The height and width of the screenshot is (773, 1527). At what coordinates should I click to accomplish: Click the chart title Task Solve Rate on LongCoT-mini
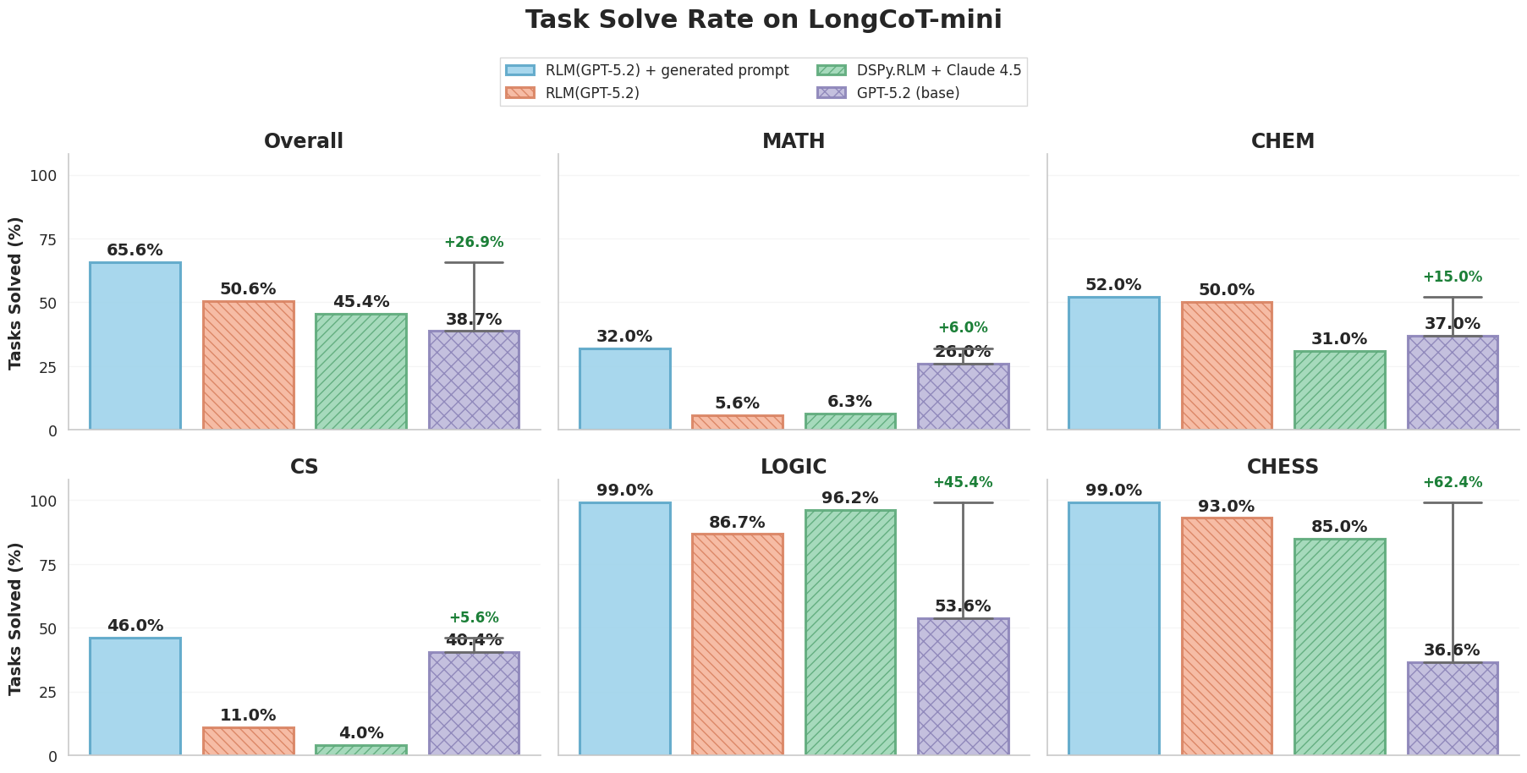(763, 19)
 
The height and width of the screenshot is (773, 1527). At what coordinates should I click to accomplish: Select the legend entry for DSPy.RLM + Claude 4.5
(938, 70)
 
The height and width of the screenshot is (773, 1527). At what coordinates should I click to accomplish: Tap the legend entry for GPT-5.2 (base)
(908, 93)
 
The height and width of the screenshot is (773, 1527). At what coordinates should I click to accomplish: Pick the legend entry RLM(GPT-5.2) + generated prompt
(667, 70)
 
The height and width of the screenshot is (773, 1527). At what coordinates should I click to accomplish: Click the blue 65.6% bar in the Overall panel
(135, 347)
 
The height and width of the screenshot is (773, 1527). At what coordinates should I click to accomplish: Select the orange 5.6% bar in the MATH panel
(737, 422)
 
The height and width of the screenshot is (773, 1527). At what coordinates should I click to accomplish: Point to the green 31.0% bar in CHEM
(1339, 391)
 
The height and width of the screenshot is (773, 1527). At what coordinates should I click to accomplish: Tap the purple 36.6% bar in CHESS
(1452, 709)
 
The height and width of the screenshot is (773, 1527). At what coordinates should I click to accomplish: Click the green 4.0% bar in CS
(360, 750)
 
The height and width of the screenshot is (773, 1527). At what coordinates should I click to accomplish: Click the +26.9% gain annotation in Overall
(474, 243)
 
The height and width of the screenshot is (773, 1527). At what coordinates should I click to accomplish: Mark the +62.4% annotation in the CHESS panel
(1452, 483)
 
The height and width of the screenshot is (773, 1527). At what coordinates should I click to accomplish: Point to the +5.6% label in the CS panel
(474, 618)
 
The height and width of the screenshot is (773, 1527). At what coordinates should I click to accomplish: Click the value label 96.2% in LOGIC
(849, 498)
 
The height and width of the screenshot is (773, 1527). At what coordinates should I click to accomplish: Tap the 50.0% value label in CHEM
(1226, 290)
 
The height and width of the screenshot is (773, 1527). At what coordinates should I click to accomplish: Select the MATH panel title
(793, 142)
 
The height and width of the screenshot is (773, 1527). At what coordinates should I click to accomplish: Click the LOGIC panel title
(793, 467)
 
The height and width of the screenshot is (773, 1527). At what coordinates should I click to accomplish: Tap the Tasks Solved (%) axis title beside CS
(16, 618)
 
